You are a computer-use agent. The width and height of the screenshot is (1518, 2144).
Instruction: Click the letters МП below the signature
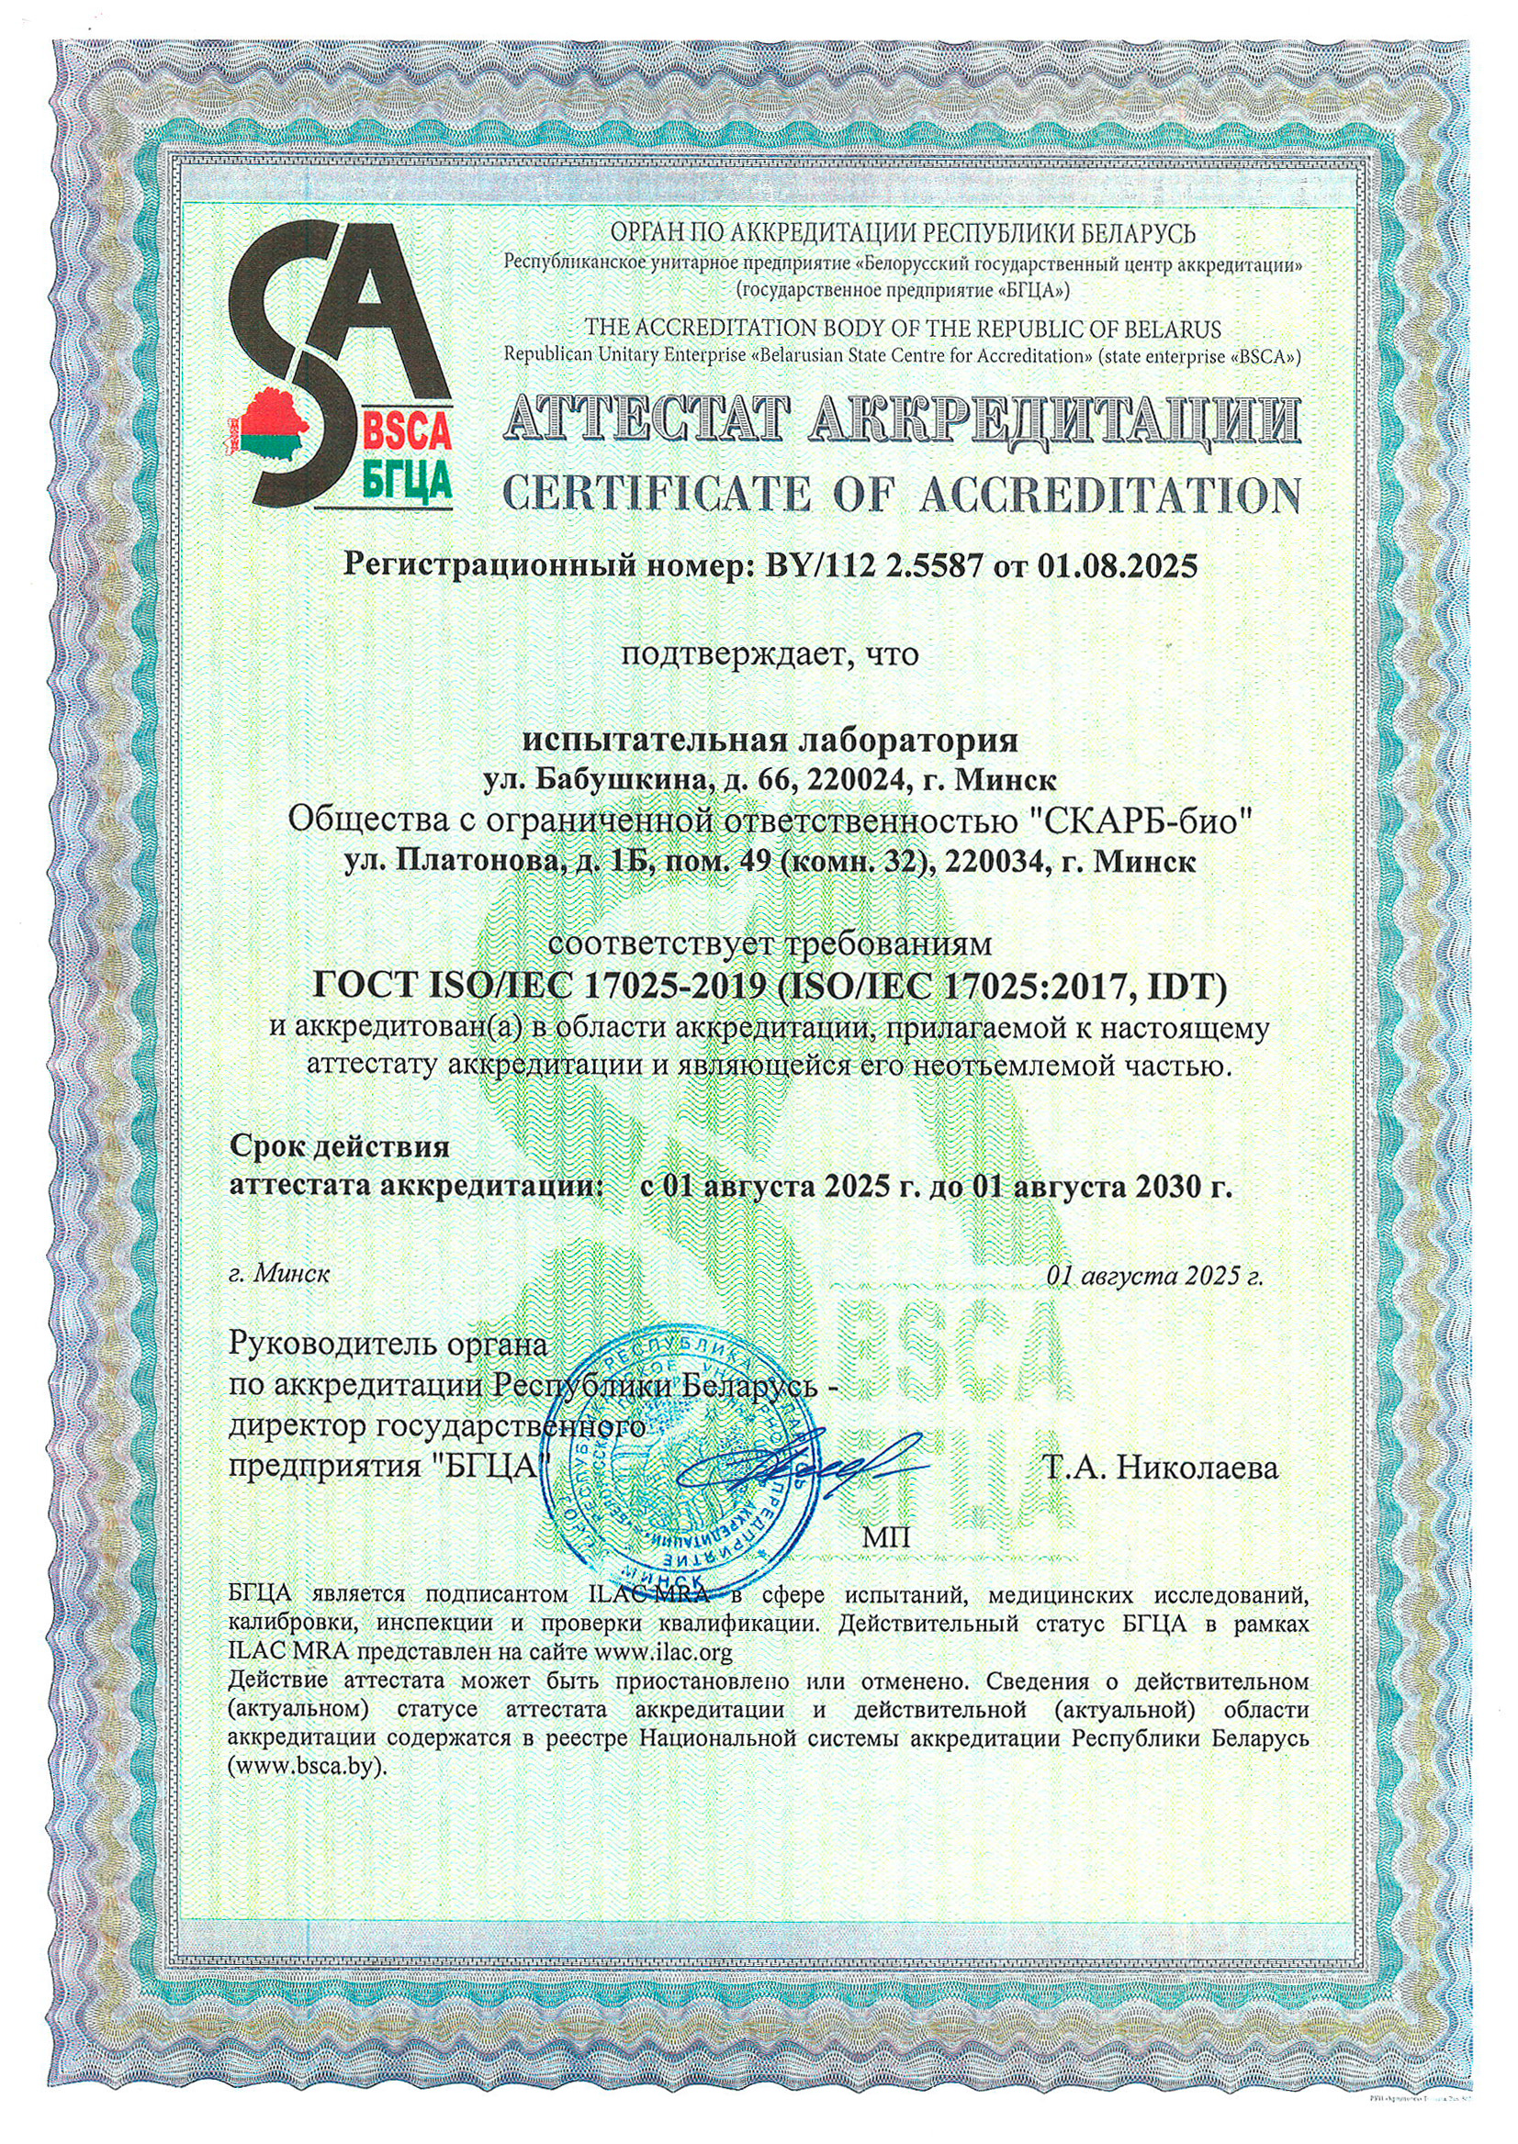[x=884, y=1538]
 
